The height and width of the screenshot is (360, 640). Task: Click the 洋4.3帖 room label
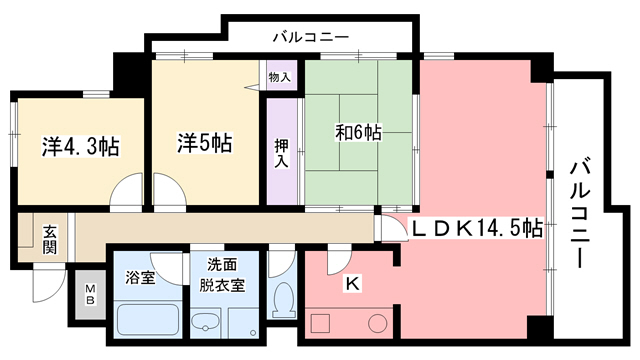(81, 146)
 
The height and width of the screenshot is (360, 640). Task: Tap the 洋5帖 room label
(205, 143)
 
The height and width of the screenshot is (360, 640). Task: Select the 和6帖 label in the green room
(358, 131)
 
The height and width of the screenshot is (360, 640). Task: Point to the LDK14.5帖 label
(478, 228)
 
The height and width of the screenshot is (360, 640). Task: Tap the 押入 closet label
(282, 153)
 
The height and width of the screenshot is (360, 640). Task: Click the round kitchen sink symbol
(377, 323)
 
